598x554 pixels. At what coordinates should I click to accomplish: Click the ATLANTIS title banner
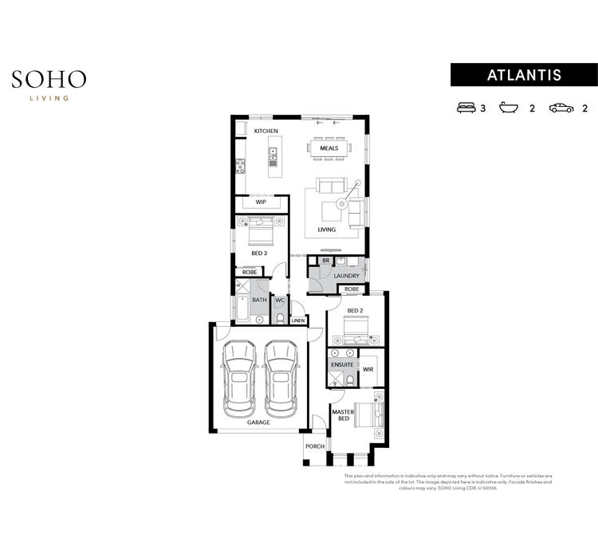point(524,75)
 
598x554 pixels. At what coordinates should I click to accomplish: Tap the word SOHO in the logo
point(49,79)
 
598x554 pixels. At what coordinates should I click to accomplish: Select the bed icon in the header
point(465,108)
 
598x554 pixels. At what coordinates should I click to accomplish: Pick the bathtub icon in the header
point(509,108)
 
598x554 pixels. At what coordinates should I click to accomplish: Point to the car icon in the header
point(561,108)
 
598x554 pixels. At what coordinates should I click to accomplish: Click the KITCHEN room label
point(266,131)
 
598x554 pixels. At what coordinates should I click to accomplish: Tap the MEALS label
point(329,148)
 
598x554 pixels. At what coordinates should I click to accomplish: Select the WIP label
point(261,202)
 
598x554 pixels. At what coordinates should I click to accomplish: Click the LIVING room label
point(327,230)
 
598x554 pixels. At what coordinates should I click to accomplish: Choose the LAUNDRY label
point(347,276)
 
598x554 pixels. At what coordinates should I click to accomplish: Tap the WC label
point(280,301)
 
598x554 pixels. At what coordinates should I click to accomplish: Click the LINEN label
point(297,320)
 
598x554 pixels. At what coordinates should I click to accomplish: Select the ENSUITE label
point(343,364)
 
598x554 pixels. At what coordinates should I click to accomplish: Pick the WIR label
point(368,370)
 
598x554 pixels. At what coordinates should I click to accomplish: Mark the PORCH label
point(315,446)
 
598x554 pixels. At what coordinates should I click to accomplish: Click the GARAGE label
point(258,422)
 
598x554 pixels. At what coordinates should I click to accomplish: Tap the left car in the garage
point(238,378)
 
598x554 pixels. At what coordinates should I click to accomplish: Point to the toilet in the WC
point(280,317)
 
